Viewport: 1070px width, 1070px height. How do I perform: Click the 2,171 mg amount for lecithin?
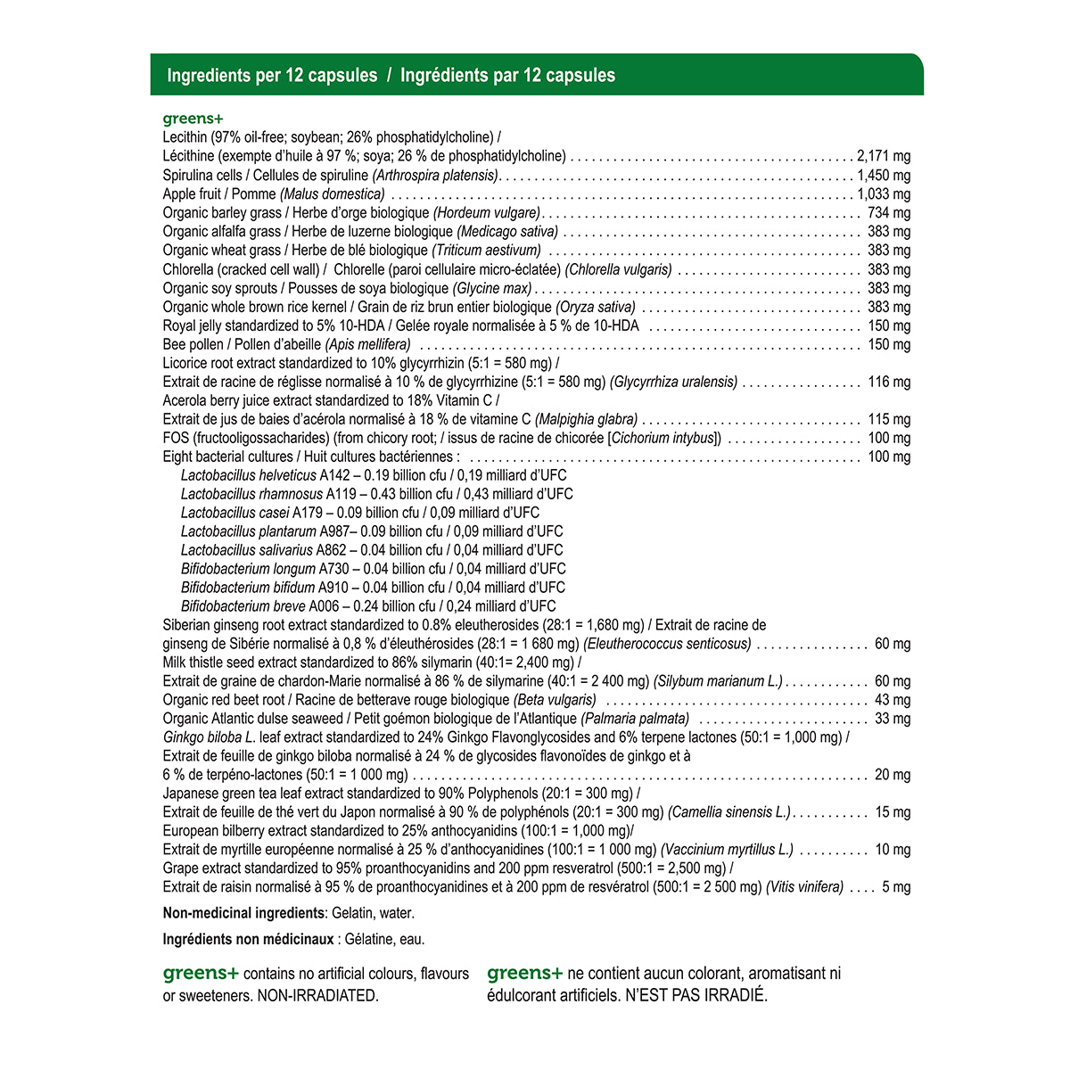click(884, 156)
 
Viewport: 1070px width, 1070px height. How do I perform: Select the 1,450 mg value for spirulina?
click(884, 176)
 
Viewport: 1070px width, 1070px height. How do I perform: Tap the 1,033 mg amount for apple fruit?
click(884, 194)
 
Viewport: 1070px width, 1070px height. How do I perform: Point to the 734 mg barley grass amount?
click(889, 213)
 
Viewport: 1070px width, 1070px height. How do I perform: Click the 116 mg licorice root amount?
click(889, 382)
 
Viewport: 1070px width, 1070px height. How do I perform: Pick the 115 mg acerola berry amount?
click(889, 419)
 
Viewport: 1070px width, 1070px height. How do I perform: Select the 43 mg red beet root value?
click(893, 700)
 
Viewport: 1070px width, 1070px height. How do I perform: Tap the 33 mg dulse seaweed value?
click(893, 719)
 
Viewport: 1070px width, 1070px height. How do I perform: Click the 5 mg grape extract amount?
click(896, 887)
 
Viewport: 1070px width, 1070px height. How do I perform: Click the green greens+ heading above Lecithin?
click(193, 119)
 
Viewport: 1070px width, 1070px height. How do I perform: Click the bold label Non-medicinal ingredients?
click(243, 913)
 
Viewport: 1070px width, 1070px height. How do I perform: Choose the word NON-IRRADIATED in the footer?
click(317, 995)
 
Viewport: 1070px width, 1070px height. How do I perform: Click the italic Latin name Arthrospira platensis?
click(435, 176)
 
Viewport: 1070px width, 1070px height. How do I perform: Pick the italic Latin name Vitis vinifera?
click(804, 887)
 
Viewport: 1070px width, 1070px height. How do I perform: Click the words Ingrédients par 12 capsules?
click(507, 76)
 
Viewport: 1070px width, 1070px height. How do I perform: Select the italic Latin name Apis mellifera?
click(368, 344)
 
